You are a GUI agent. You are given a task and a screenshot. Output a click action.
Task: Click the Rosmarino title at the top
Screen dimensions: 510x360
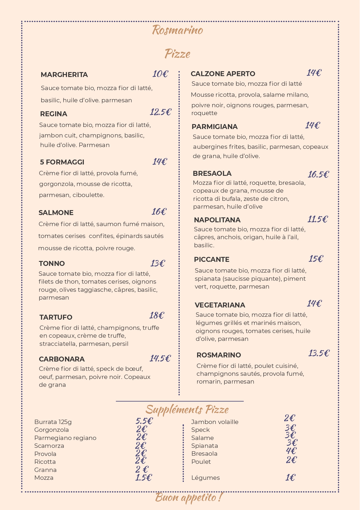pyautogui.click(x=177, y=30)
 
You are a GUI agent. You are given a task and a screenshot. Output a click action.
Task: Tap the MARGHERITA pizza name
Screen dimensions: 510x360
pyautogui.click(x=64, y=75)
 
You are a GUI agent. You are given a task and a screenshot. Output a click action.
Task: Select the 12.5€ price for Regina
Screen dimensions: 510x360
pyautogui.click(x=161, y=112)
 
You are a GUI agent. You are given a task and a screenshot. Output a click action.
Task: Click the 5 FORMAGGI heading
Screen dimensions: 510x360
pyautogui.click(x=62, y=162)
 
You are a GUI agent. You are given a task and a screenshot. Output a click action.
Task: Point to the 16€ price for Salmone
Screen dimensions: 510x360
pyautogui.click(x=159, y=212)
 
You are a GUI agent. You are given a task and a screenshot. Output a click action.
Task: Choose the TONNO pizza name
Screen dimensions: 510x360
pyautogui.click(x=52, y=264)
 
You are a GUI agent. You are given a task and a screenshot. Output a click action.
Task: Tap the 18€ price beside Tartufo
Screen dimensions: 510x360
pyautogui.click(x=157, y=315)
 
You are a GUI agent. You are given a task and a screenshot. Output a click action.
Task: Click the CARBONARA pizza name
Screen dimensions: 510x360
pyautogui.click(x=62, y=359)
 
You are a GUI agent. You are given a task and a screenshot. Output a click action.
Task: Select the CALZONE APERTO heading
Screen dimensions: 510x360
pyautogui.click(x=223, y=74)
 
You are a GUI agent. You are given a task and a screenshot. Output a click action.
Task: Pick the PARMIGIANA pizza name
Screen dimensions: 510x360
pyautogui.click(x=215, y=127)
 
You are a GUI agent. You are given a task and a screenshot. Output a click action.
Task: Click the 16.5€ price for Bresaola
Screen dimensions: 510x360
pyautogui.click(x=318, y=174)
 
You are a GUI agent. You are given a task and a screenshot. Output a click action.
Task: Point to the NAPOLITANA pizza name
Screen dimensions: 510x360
pyautogui.click(x=217, y=220)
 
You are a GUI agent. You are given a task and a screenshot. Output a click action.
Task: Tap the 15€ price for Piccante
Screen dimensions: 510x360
pyautogui.click(x=316, y=259)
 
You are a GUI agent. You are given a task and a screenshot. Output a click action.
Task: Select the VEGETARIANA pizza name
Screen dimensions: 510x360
pyautogui.click(x=220, y=305)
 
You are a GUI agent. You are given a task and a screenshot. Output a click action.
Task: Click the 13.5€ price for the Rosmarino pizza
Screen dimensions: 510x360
pyautogui.click(x=319, y=353)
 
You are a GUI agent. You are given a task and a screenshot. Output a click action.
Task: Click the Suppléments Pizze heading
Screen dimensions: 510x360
pyautogui.click(x=187, y=409)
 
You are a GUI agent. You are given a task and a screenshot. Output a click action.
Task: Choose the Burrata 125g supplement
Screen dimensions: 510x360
pyautogui.click(x=53, y=422)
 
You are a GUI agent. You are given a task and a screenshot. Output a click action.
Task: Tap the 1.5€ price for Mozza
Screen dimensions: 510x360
pyautogui.click(x=143, y=477)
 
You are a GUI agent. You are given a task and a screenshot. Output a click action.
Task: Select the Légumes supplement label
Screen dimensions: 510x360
pyautogui.click(x=206, y=478)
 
